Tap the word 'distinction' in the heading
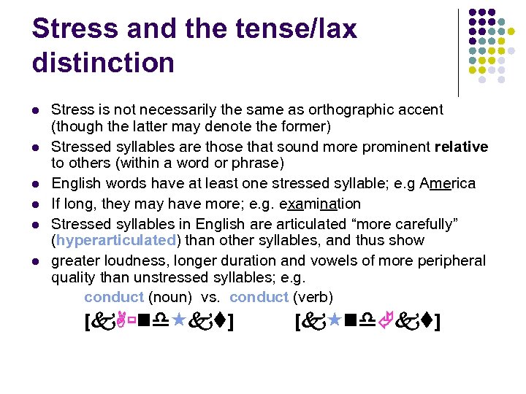pos(103,63)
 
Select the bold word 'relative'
pos(461,147)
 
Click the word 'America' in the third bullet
pos(448,183)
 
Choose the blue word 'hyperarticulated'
pos(116,240)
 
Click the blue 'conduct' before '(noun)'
pos(113,297)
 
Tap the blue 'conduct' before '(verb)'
pos(259,297)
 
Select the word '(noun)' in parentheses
pos(171,297)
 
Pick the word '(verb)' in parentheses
pos(313,297)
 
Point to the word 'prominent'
pos(394,147)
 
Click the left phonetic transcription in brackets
pos(160,320)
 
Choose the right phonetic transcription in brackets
pos(367,320)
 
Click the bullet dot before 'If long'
pos(35,204)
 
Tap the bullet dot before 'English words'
pos(35,184)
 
